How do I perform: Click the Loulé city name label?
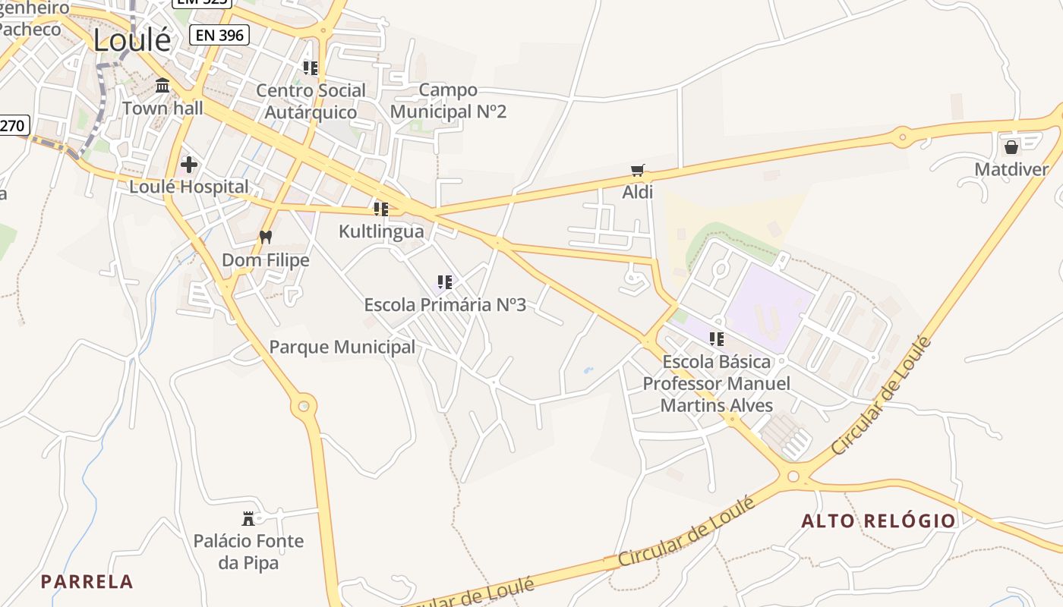click(132, 40)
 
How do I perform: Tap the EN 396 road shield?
click(219, 34)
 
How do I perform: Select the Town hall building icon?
click(162, 86)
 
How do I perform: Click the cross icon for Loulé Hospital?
click(189, 164)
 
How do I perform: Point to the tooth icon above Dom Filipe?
click(265, 237)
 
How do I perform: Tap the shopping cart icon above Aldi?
click(637, 171)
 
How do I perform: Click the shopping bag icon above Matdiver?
click(1011, 146)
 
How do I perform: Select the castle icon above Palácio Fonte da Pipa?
click(248, 518)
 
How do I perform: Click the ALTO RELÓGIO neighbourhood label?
click(878, 521)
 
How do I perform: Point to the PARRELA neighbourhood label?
click(87, 582)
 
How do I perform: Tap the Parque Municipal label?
click(342, 348)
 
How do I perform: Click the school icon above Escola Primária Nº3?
click(445, 282)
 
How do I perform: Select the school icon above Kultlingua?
click(381, 209)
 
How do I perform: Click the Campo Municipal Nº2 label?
click(448, 101)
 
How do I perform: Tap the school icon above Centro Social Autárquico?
click(311, 68)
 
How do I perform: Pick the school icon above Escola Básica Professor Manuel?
click(717, 338)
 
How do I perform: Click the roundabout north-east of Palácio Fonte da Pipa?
click(304, 406)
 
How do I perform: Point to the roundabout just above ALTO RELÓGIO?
click(793, 476)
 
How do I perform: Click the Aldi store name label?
click(638, 192)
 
